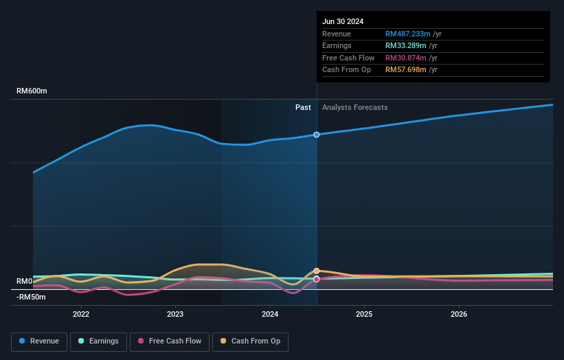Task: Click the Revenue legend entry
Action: tap(39, 341)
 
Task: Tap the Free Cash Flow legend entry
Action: tap(169, 341)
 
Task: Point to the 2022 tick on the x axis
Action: tap(81, 314)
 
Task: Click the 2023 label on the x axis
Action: tap(175, 314)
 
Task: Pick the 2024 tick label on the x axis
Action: tap(270, 314)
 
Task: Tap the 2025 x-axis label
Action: tap(364, 314)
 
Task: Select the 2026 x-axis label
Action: tap(459, 314)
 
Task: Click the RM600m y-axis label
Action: tap(32, 91)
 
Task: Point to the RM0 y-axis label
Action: tap(25, 282)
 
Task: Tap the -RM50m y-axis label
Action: tap(32, 297)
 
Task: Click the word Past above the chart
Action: tap(303, 107)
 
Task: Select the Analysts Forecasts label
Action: tap(354, 107)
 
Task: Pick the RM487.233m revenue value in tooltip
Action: tap(407, 34)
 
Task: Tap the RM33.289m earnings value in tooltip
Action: tap(405, 45)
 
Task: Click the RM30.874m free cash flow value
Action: tap(405, 58)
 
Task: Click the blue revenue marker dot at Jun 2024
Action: tap(317, 135)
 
